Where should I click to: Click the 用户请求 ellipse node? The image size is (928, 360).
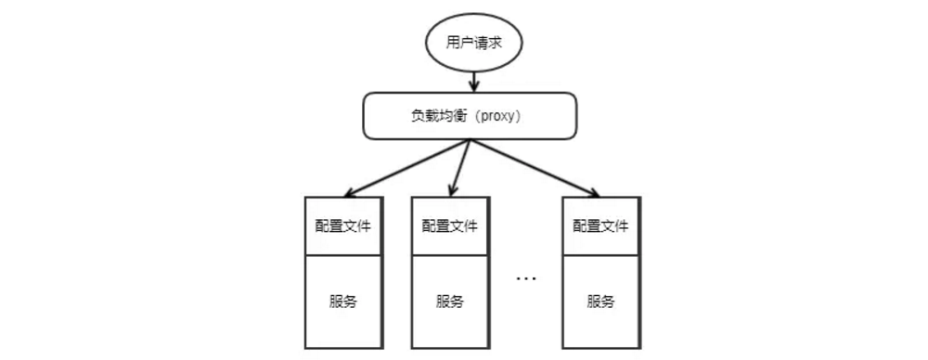(x=474, y=45)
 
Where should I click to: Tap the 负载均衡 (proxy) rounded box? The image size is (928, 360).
(x=469, y=117)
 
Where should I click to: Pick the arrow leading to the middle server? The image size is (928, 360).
(x=462, y=167)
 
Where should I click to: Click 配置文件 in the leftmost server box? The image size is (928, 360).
(x=343, y=225)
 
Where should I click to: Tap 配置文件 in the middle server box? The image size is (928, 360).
(x=450, y=225)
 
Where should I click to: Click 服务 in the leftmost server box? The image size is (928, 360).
(x=343, y=301)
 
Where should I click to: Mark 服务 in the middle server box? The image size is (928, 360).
(x=450, y=301)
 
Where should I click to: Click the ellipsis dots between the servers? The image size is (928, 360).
(x=526, y=277)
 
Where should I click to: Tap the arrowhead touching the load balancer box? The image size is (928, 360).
(x=474, y=89)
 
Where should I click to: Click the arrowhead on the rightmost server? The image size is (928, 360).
(x=594, y=193)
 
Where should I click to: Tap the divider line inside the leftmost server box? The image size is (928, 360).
(x=343, y=254)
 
